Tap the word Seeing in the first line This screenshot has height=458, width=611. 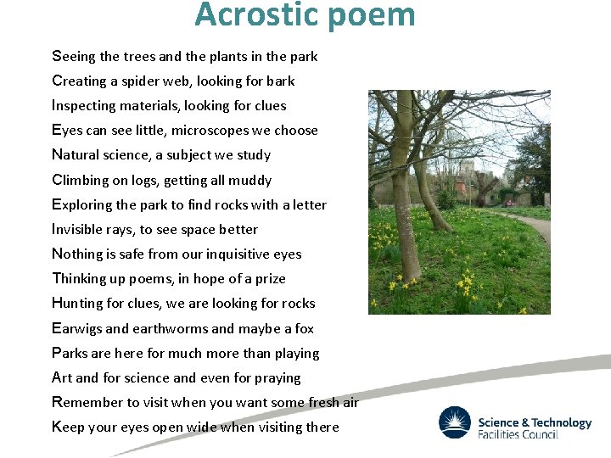point(74,57)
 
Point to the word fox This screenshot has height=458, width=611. point(304,329)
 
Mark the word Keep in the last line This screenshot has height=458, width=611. point(68,427)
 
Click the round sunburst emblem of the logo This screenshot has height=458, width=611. point(455,422)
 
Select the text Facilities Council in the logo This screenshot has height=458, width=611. point(518,434)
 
